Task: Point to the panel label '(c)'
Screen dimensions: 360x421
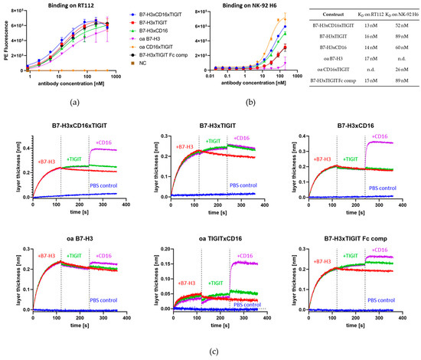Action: point(210,352)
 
